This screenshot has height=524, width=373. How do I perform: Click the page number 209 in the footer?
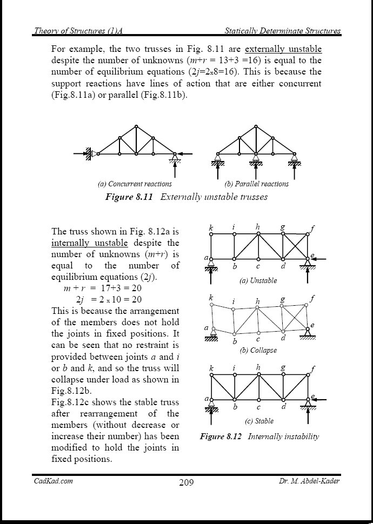point(186,482)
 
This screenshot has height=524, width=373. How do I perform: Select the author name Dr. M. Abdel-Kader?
point(305,481)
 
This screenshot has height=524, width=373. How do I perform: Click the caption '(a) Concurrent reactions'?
point(135,184)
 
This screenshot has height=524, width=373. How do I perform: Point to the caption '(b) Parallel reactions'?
point(257,184)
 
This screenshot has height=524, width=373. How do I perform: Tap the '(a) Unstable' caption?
point(258,280)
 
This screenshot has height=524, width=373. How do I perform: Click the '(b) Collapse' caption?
point(258,350)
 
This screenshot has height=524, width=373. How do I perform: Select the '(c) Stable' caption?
point(259,421)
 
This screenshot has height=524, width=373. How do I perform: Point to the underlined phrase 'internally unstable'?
point(89,243)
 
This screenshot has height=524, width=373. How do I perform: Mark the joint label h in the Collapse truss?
point(258,301)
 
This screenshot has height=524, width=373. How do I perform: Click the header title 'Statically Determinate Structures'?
point(283,31)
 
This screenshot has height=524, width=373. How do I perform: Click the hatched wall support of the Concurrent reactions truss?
point(87,154)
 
